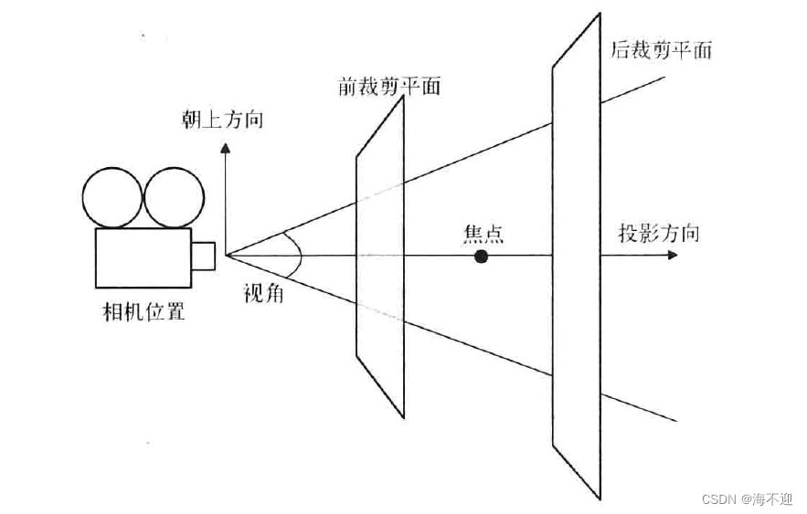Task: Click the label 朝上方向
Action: [222, 120]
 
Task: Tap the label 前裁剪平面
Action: [388, 87]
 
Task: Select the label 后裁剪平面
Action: [660, 49]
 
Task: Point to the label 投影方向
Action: [658, 233]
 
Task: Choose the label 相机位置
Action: [145, 311]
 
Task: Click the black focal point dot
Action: [482, 257]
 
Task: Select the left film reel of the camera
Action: [112, 196]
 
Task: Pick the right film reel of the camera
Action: [174, 196]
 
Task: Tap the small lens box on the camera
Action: [203, 256]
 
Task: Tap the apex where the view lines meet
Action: [226, 256]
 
